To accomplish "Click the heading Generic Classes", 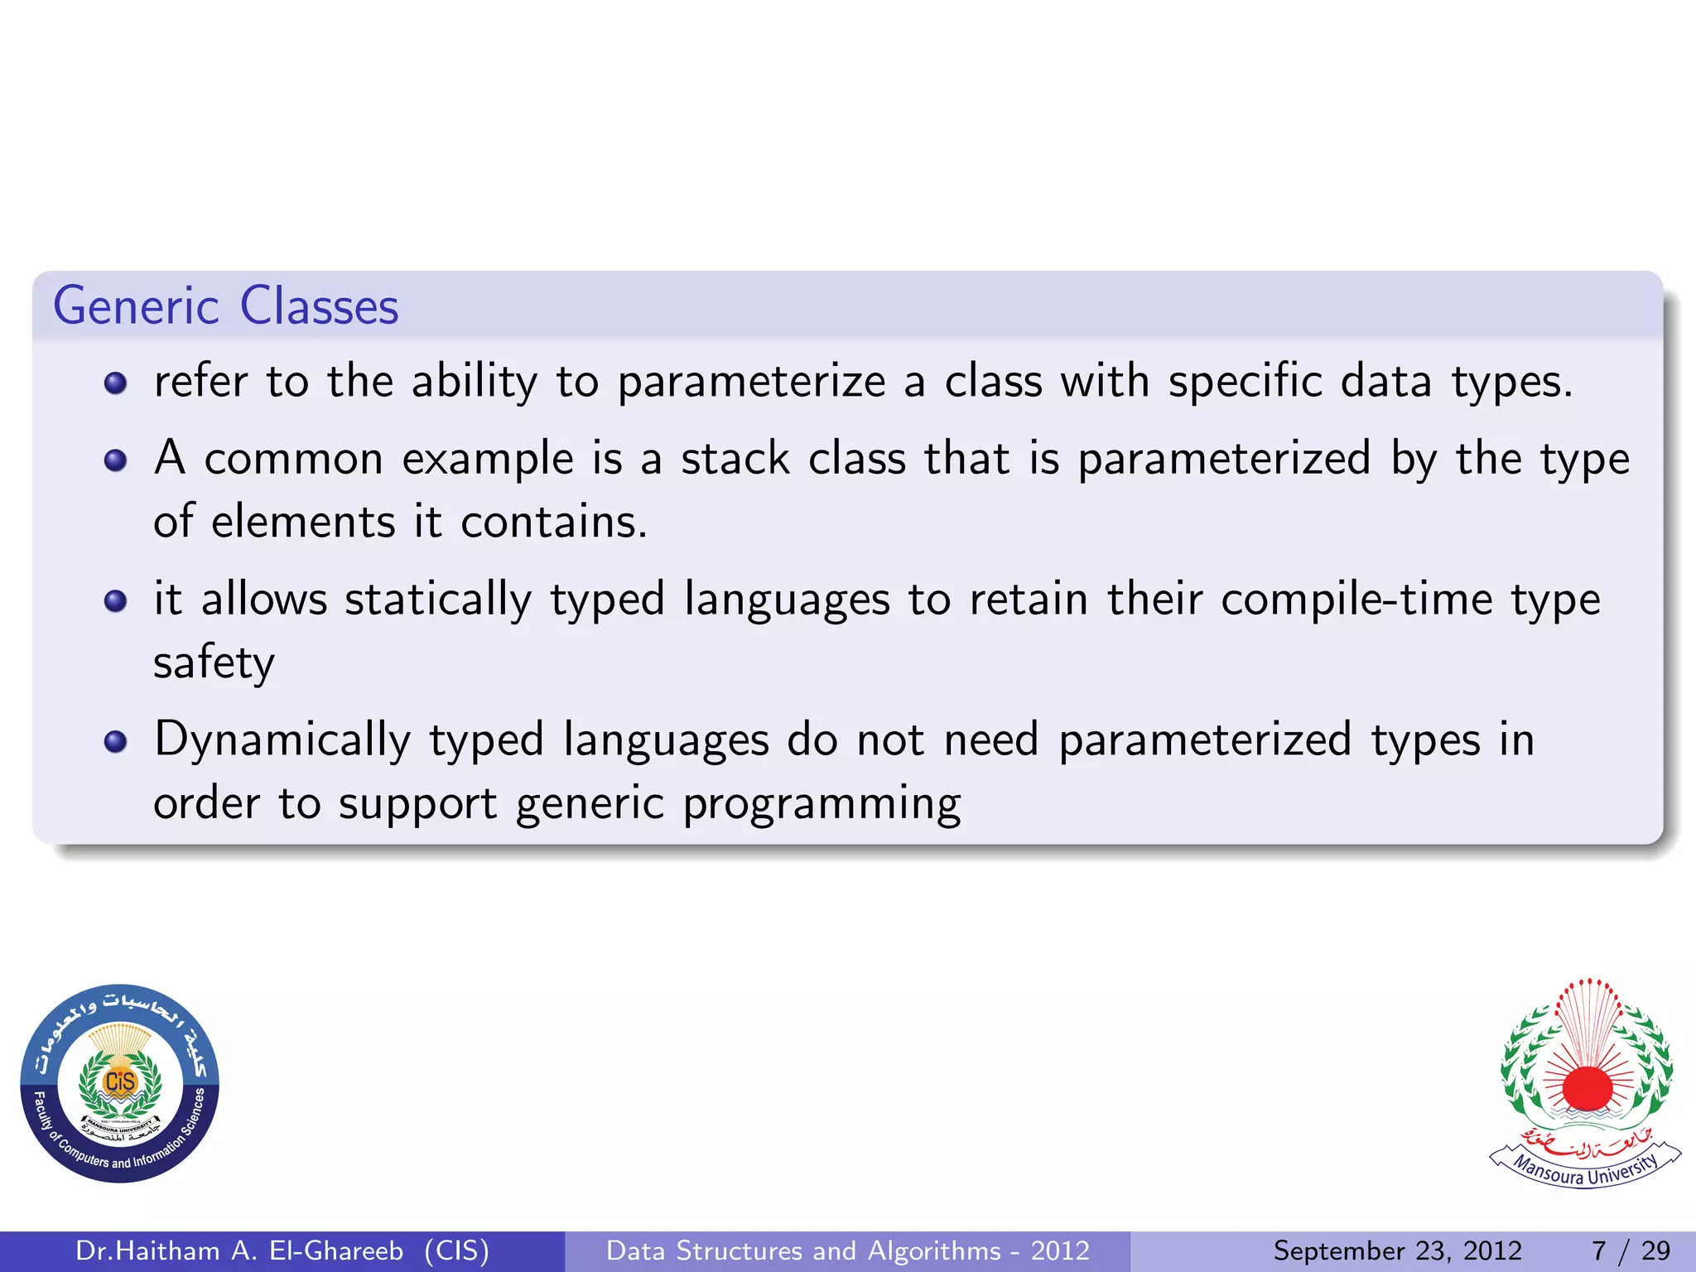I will point(226,306).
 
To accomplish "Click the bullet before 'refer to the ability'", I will point(116,383).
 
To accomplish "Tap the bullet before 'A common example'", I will point(116,460).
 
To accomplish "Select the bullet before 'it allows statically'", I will point(116,600).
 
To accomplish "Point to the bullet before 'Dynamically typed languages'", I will point(116,741).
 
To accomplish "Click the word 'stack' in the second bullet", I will point(735,459).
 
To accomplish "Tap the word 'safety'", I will point(214,663).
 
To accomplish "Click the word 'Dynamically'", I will point(282,740).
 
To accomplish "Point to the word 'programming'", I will point(821,804).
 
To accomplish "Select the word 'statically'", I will point(438,600).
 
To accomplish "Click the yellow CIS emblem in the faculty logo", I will point(120,1082).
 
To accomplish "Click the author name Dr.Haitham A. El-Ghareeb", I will point(239,1250).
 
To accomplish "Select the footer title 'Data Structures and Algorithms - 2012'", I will point(847,1250).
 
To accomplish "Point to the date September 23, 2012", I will point(1397,1250).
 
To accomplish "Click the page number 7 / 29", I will point(1631,1250).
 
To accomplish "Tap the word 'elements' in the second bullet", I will point(303,523).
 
